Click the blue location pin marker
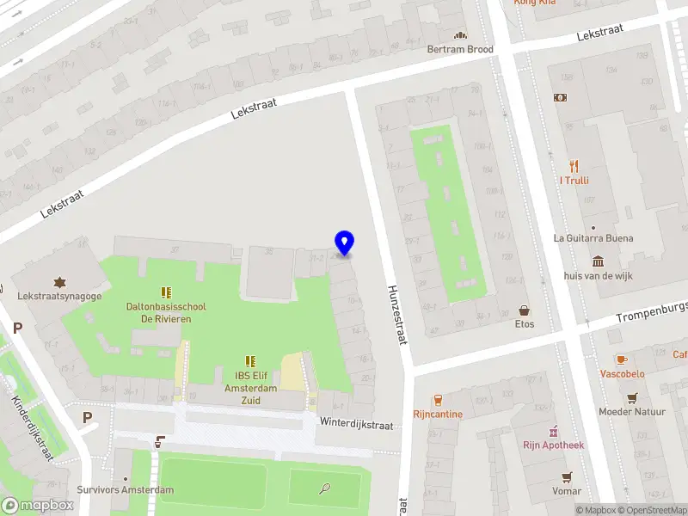pyautogui.click(x=344, y=243)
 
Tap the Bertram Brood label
pyautogui.click(x=460, y=49)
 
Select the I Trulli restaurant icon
pyautogui.click(x=573, y=166)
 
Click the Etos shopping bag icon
pyautogui.click(x=524, y=310)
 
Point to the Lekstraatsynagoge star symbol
pyautogui.click(x=59, y=282)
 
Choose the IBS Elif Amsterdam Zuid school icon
pyautogui.click(x=250, y=362)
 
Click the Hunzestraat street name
pyautogui.click(x=396, y=315)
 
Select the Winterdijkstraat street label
pyautogui.click(x=356, y=425)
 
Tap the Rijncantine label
pyautogui.click(x=438, y=414)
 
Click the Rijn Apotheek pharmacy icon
pyautogui.click(x=554, y=431)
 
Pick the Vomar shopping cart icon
pyautogui.click(x=566, y=476)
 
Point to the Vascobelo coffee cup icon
pyautogui.click(x=621, y=359)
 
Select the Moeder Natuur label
pyautogui.click(x=632, y=412)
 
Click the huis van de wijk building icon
pyautogui.click(x=598, y=261)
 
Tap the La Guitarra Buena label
pyautogui.click(x=593, y=238)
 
